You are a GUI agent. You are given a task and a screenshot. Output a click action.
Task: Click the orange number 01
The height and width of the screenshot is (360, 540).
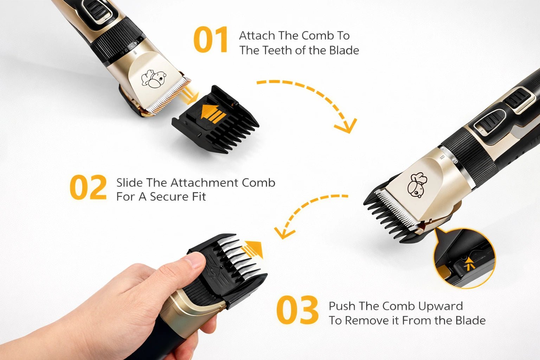click(211, 40)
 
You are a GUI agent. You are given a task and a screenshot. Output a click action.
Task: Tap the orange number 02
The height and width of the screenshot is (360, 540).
click(88, 188)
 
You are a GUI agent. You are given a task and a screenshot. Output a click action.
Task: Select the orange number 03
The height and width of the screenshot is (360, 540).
click(297, 310)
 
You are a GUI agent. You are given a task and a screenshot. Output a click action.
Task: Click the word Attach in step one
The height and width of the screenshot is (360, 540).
click(257, 36)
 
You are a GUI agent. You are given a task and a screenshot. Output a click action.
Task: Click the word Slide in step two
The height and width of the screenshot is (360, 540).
click(129, 183)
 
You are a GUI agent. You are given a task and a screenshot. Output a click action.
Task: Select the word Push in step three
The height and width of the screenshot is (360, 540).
click(342, 306)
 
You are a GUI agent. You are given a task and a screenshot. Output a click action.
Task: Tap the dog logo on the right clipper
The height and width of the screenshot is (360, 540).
click(417, 185)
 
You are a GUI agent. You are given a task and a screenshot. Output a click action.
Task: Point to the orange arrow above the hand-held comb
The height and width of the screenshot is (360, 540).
click(253, 249)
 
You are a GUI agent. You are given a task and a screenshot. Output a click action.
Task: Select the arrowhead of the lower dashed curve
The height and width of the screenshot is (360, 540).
click(282, 233)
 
